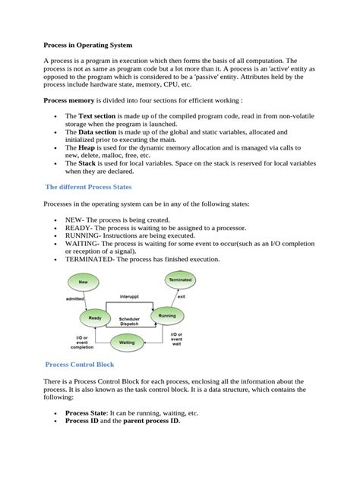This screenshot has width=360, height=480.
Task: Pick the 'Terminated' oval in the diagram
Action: [179, 280]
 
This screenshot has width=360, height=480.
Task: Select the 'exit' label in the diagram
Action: [182, 297]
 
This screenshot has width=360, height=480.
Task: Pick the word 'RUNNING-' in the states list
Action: [83, 235]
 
